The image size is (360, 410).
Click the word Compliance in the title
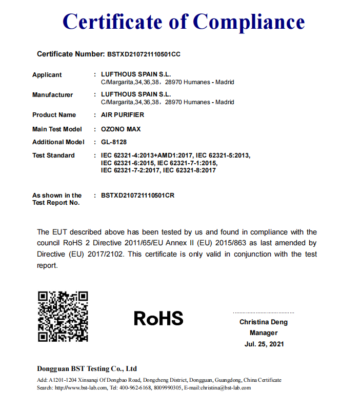click(249, 22)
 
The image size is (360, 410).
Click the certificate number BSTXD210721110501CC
click(144, 54)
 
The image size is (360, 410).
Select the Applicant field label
click(47, 75)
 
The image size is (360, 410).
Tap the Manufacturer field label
click(52, 95)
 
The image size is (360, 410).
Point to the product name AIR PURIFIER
click(123, 115)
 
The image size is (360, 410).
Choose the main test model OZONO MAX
click(121, 129)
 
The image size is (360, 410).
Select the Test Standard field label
click(53, 155)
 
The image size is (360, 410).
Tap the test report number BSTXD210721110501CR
click(138, 196)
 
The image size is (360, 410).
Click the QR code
click(63, 317)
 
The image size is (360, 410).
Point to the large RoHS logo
click(158, 319)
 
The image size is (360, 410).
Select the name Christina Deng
click(264, 322)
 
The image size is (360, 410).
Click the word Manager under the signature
click(264, 333)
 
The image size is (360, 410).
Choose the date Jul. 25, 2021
click(264, 344)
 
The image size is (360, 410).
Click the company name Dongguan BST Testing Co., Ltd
click(87, 368)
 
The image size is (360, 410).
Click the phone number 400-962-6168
click(135, 388)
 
